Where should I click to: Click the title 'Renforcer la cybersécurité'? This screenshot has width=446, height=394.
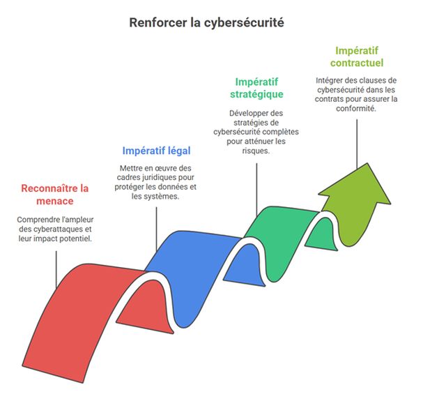pos(207,22)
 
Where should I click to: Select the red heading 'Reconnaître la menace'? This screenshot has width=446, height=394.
pos(56,195)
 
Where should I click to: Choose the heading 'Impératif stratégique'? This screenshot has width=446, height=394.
pos(256,88)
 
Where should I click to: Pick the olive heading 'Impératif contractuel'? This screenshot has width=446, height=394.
pos(357,56)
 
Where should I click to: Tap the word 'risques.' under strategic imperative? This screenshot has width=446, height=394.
pos(256,151)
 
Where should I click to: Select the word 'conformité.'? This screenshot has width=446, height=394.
pos(357,109)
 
